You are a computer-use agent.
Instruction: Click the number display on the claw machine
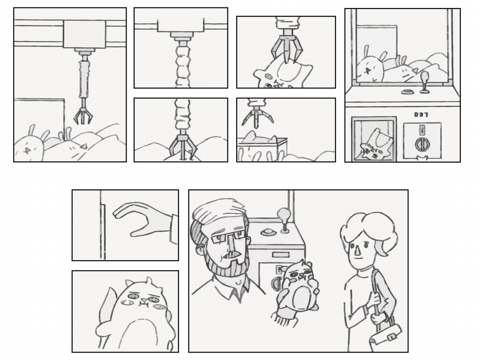coord(421,114)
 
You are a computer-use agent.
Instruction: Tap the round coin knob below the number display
coord(421,144)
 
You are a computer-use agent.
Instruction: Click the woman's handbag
coord(385,335)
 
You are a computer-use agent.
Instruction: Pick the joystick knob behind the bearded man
coord(284,213)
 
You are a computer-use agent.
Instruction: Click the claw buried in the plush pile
coord(182,146)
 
